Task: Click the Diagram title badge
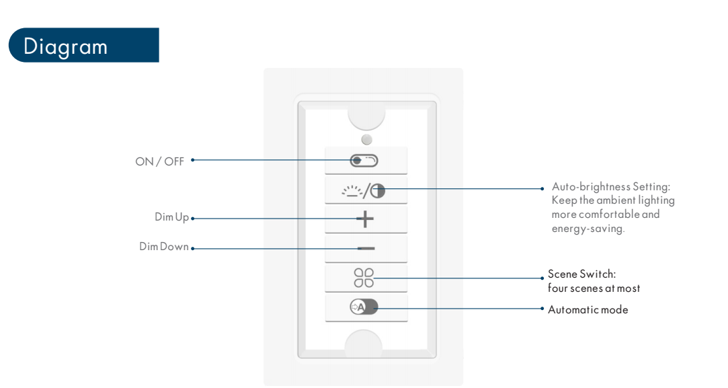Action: (x=83, y=45)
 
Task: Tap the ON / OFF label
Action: (x=159, y=161)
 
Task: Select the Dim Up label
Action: (x=172, y=217)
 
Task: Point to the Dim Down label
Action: (x=164, y=246)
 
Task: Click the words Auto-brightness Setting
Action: (x=611, y=187)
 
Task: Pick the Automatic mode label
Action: (x=588, y=309)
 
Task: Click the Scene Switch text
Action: (x=581, y=274)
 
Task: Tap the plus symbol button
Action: (x=366, y=219)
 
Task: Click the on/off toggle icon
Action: (x=364, y=161)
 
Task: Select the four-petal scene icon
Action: (x=364, y=278)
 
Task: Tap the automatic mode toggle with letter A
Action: (x=364, y=307)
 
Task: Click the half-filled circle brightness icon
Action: (x=378, y=190)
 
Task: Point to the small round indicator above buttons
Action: (x=367, y=139)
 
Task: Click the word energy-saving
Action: (x=588, y=229)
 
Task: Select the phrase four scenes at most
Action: (x=594, y=288)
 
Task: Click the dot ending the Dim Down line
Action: (x=193, y=249)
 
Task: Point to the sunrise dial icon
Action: (x=352, y=191)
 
